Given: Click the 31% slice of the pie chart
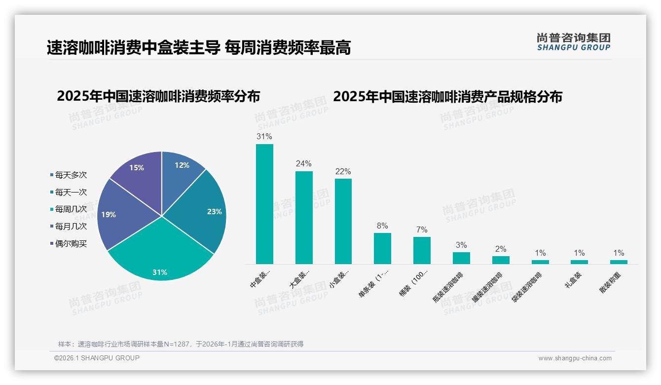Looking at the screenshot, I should (160, 257).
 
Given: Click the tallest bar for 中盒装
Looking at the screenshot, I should (264, 204).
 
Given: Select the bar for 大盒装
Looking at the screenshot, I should (304, 217).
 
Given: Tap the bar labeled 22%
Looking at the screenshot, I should (343, 221).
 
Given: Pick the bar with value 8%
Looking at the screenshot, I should (382, 248).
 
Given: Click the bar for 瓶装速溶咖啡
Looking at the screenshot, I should (461, 258).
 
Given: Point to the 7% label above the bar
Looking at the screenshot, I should (422, 230).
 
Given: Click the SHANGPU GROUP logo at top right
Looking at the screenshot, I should (573, 42).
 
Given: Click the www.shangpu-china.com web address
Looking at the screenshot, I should (575, 358).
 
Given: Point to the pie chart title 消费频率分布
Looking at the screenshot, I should (158, 96).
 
